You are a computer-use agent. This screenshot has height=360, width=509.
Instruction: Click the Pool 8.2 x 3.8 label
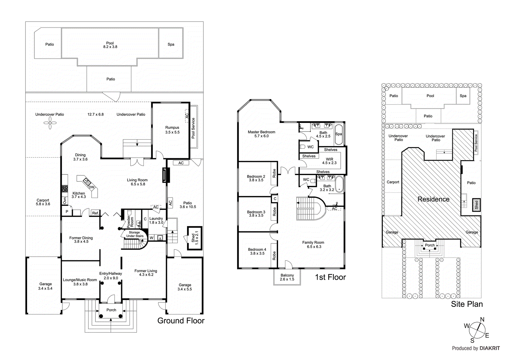(x=110, y=45)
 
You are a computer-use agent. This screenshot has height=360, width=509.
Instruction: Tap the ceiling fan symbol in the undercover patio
(x=50, y=123)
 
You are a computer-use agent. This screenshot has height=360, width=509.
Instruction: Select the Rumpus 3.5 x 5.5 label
(x=172, y=130)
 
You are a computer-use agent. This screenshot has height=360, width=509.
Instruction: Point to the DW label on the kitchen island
(x=91, y=187)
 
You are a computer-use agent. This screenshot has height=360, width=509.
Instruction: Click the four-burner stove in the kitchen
(x=65, y=188)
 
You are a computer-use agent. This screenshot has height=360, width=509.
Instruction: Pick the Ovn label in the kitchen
(x=65, y=201)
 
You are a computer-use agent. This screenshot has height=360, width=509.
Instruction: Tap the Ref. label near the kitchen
(x=95, y=213)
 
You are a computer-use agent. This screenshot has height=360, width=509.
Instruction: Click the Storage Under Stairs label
(x=135, y=234)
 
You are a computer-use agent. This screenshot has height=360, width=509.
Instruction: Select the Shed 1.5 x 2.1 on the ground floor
(x=195, y=238)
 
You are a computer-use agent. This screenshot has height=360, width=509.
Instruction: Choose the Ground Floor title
(x=181, y=321)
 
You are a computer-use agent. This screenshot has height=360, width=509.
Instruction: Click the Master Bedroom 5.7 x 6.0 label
(x=261, y=134)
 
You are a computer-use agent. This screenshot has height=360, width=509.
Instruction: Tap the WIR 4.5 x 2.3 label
(x=329, y=161)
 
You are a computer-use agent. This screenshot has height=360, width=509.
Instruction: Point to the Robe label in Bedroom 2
(x=274, y=173)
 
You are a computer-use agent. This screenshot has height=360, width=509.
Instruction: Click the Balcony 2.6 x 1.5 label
(x=287, y=277)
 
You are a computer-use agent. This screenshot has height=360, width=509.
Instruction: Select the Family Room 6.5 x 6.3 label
(x=313, y=244)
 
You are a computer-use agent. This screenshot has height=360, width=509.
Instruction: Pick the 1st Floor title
(x=331, y=277)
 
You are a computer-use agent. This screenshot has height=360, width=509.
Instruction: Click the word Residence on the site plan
(x=434, y=199)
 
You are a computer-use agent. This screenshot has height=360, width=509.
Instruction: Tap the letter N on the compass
(x=482, y=320)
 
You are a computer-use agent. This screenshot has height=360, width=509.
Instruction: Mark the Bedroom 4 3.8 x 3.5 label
(x=257, y=251)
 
